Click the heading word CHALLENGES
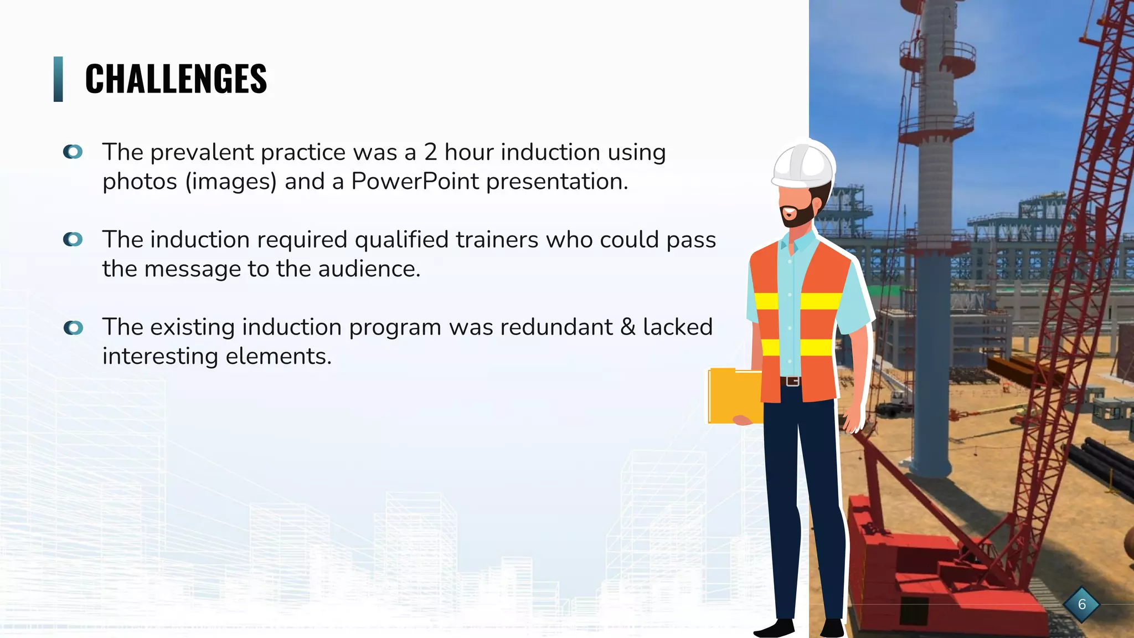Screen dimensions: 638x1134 point(176,79)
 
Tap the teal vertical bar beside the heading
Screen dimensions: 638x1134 point(58,79)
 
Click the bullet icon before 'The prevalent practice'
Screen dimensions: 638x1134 point(73,152)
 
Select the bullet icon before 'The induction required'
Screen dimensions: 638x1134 point(73,239)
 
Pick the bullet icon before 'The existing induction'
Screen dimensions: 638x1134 point(73,328)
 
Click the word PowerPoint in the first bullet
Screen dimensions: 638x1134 point(415,182)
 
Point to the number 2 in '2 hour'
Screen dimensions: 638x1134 point(430,152)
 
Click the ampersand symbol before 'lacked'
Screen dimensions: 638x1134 point(628,327)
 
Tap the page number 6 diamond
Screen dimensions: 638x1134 point(1081,604)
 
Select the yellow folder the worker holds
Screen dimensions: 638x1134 point(734,396)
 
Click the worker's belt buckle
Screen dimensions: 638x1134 point(793,381)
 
